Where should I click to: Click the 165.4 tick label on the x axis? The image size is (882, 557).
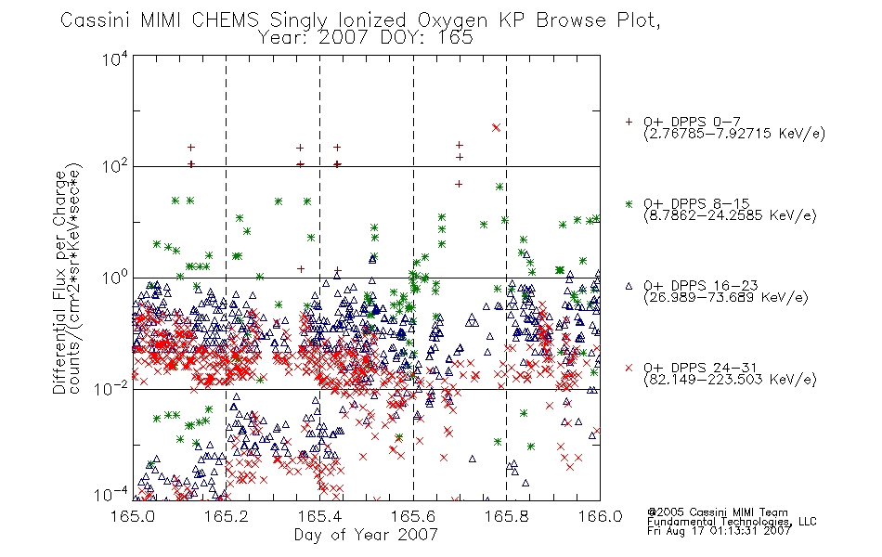click(319, 516)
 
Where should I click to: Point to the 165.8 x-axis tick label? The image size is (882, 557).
click(506, 516)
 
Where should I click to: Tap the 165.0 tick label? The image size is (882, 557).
click(133, 516)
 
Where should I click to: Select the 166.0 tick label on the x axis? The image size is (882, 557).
click(600, 516)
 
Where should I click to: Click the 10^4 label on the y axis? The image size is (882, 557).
click(115, 58)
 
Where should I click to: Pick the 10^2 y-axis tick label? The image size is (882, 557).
click(115, 166)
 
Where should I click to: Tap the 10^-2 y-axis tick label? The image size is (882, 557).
click(111, 388)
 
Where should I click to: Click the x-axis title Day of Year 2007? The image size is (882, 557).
click(366, 535)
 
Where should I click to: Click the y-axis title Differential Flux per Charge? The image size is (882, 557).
click(59, 282)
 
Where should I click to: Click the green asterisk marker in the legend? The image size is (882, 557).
click(629, 204)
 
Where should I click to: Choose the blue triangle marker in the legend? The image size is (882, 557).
click(629, 286)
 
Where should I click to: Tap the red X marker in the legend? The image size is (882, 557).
click(629, 368)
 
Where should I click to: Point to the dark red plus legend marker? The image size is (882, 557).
click(629, 122)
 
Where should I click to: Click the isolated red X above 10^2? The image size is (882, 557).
click(496, 128)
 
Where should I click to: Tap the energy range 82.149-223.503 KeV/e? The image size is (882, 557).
click(730, 380)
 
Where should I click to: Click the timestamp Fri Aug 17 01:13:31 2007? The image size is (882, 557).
click(720, 530)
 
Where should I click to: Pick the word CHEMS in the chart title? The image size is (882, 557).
click(225, 20)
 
